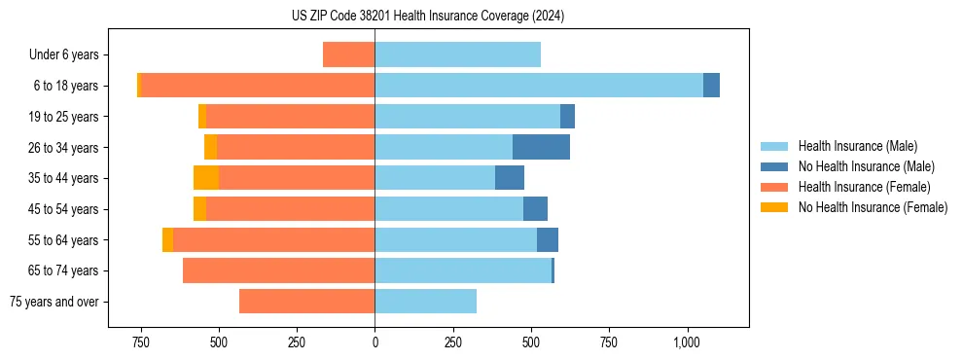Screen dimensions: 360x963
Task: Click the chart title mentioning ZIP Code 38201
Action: coord(427,17)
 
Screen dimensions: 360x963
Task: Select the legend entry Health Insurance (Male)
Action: coord(857,146)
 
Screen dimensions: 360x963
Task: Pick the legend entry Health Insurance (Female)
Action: coord(864,187)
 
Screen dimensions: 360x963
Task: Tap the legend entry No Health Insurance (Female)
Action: coord(873,207)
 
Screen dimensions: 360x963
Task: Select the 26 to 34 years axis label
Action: coord(65,148)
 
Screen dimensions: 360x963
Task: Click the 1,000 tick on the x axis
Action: coord(687,342)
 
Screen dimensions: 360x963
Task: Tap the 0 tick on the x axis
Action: coord(374,342)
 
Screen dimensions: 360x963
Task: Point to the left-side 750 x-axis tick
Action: coord(140,342)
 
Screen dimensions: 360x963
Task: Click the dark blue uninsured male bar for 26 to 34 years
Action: coord(541,148)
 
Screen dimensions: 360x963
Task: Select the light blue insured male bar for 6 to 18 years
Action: coord(538,86)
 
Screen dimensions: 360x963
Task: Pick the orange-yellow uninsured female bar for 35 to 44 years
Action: coord(206,178)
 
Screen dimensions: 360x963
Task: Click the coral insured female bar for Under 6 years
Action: coord(348,55)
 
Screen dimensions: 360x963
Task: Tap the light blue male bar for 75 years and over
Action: coord(425,302)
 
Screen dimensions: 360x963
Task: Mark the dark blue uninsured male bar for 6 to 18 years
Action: coord(711,86)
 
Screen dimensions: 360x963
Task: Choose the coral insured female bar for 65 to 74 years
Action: coord(278,270)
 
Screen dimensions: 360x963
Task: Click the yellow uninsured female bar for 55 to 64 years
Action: coord(167,240)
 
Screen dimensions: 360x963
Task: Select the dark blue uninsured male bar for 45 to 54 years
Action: coord(535,209)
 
